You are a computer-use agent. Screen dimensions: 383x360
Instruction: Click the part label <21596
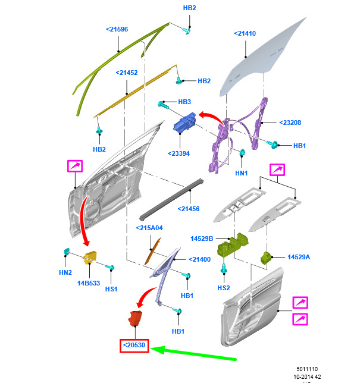(x=117, y=29)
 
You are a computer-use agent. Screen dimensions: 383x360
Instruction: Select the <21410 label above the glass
(x=245, y=34)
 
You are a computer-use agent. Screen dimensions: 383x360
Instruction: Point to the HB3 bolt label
(x=184, y=102)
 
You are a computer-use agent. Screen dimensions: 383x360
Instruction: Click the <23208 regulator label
(x=290, y=123)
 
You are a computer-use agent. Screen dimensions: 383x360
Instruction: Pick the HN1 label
(x=240, y=173)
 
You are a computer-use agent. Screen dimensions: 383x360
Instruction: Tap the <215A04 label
(x=149, y=228)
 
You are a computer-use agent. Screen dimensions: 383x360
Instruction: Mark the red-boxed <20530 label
(x=134, y=346)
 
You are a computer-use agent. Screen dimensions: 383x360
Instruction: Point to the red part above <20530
(x=136, y=318)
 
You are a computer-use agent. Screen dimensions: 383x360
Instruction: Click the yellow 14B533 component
(x=90, y=258)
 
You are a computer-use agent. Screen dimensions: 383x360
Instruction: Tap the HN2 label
(x=65, y=272)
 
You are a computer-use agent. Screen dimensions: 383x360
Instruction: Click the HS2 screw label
(x=223, y=288)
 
